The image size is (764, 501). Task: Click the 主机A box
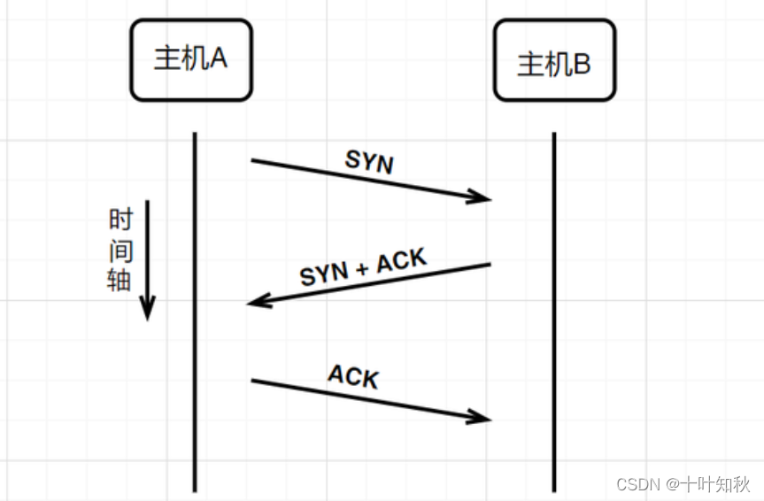pos(191,60)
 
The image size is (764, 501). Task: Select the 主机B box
pos(554,63)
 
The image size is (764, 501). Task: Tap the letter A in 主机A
pos(218,58)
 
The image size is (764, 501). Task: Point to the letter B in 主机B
pos(581,65)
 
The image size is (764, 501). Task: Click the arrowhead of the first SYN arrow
pos(482,198)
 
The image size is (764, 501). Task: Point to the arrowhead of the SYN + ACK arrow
pos(257,303)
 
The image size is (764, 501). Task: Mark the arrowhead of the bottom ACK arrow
pos(482,417)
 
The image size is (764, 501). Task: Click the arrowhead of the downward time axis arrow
pos(147,311)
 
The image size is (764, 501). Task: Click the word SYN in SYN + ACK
pos(324,274)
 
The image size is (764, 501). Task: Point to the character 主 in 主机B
pos(531,65)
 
